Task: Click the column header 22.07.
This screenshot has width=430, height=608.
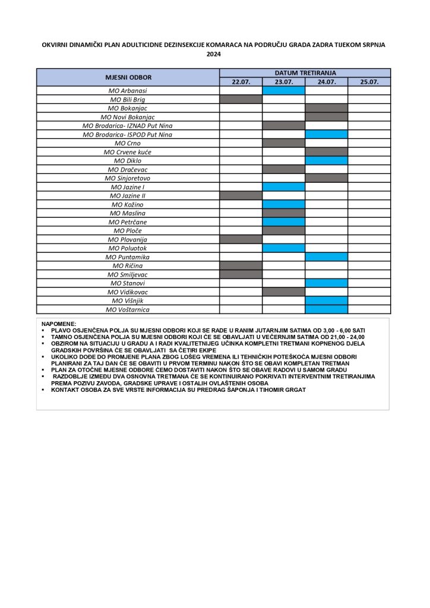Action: coord(241,82)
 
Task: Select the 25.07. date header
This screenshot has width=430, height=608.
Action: coord(369,82)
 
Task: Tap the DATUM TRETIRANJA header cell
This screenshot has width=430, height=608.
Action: coord(305,72)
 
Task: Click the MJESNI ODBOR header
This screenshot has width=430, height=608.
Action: coord(128,77)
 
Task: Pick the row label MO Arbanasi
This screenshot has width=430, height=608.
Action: coord(128,91)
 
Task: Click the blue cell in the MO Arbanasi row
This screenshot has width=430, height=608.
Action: coord(284,91)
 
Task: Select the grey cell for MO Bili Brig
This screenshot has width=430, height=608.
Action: coord(241,100)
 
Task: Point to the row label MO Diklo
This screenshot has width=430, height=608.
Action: coord(128,160)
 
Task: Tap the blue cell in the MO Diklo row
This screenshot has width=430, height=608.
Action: coord(327,160)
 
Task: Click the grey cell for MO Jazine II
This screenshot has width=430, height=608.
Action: coord(241,195)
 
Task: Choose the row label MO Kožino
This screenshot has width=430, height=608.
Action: coord(128,204)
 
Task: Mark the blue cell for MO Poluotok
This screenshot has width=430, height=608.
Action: coord(284,248)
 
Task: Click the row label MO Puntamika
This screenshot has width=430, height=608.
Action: coord(128,257)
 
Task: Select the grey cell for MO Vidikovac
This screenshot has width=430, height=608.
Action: coord(284,292)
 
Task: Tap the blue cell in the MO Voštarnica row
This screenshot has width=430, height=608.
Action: coord(327,309)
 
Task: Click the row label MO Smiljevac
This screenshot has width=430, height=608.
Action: coord(128,274)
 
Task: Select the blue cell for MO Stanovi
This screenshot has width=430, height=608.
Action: coord(327,283)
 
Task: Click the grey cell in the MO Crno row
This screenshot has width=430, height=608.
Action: coord(284,143)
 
